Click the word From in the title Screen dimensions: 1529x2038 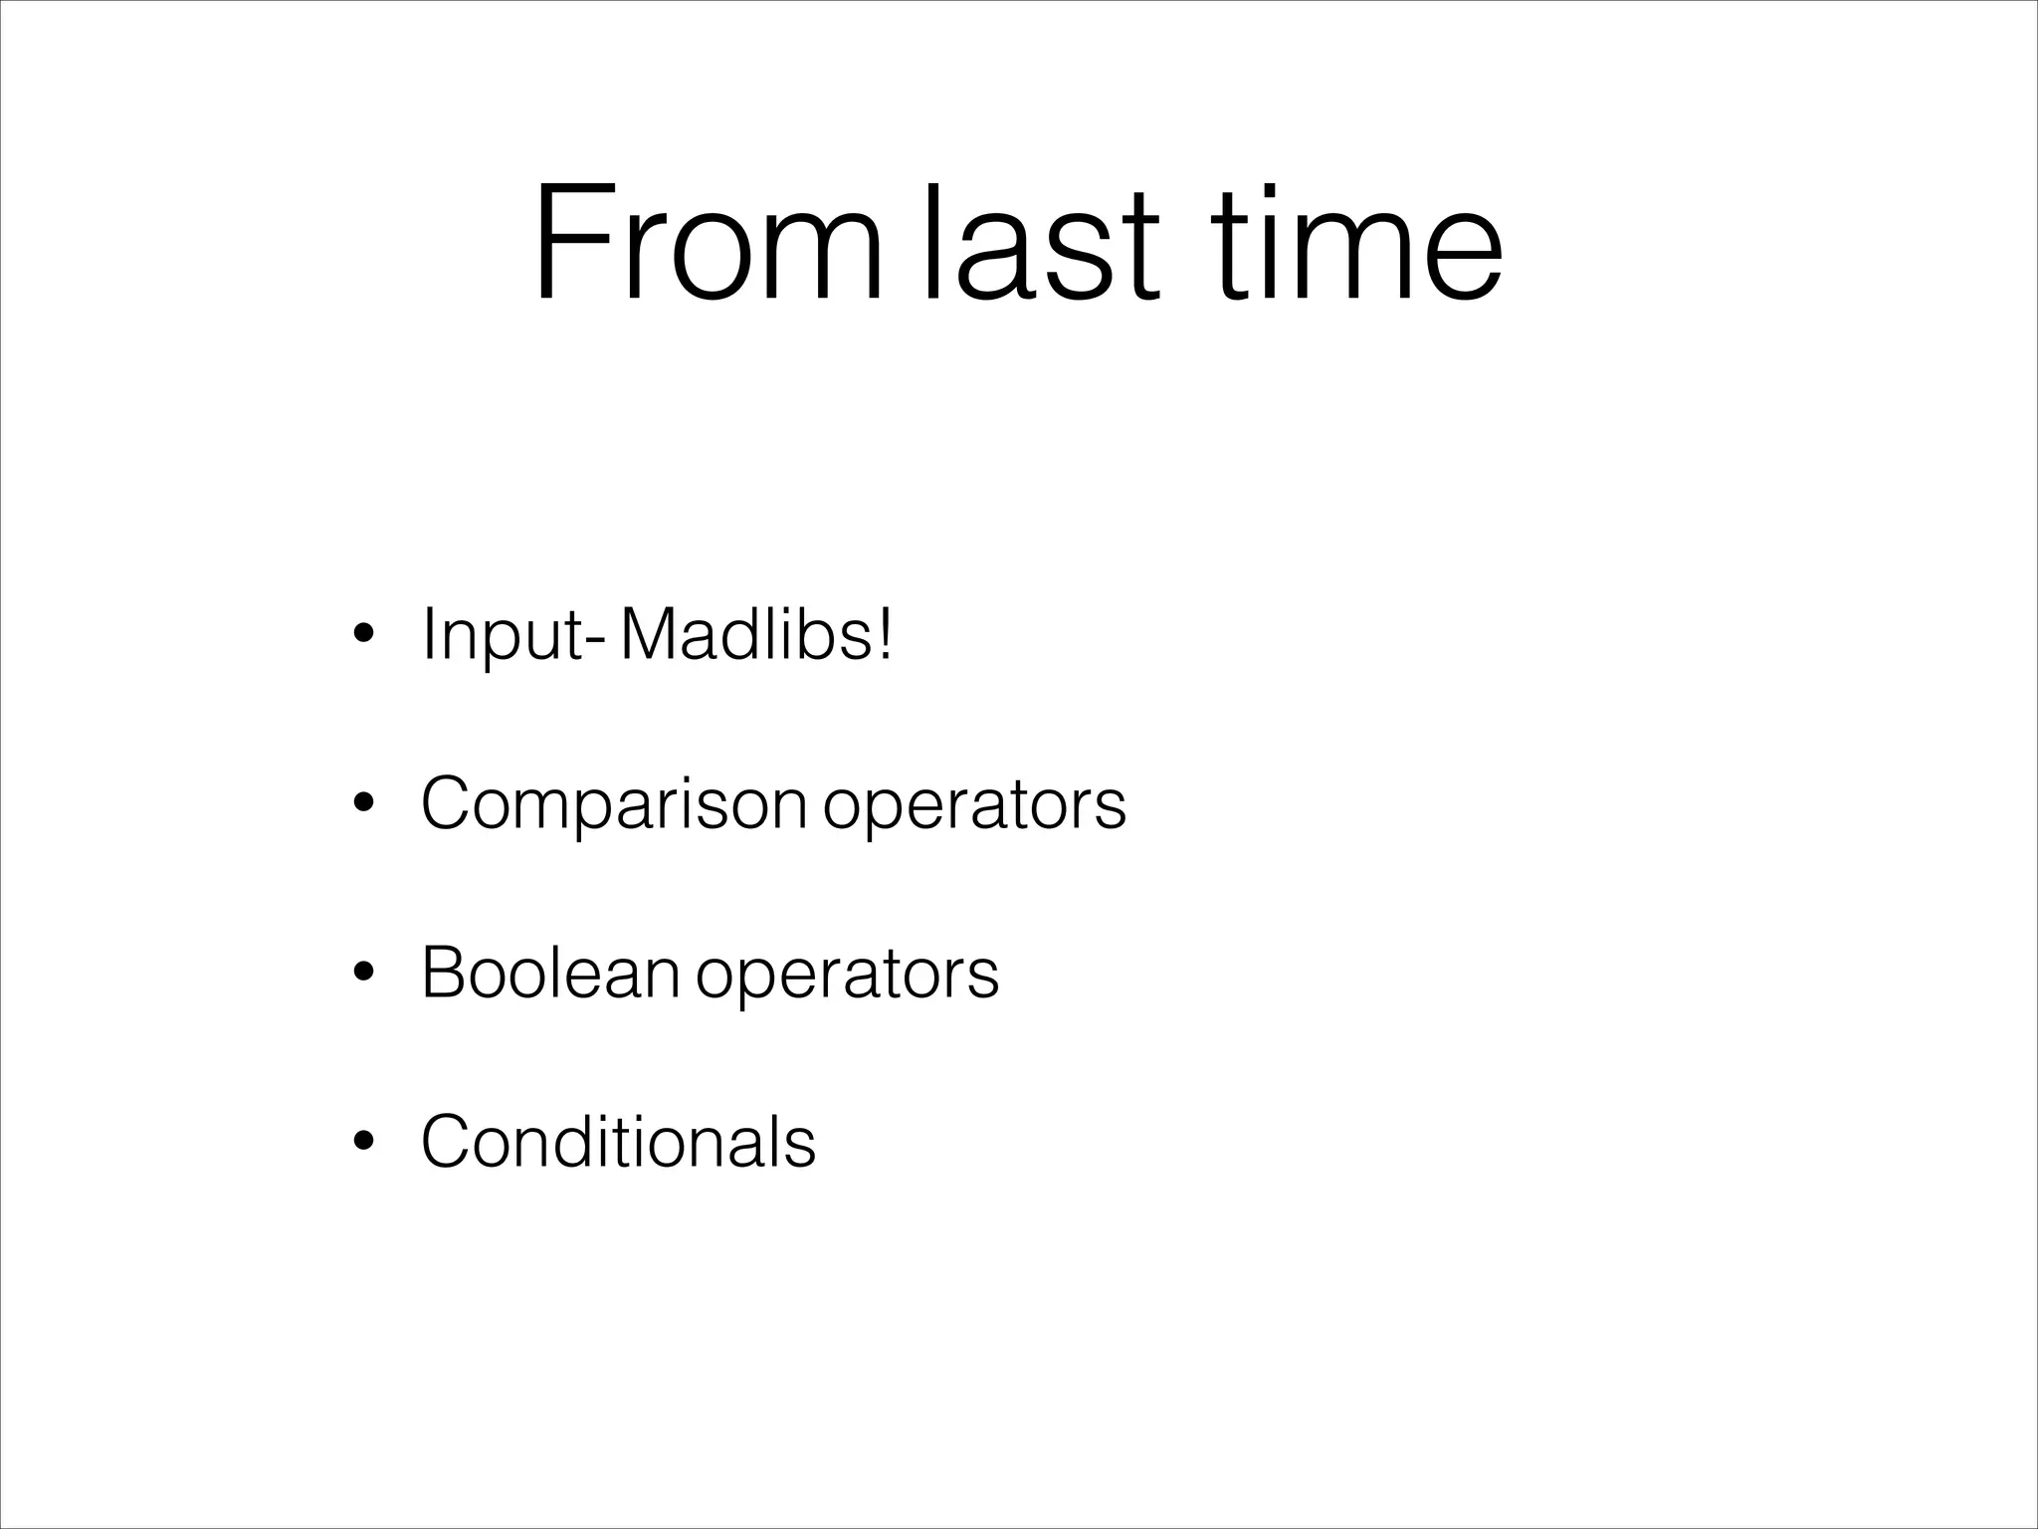tap(708, 242)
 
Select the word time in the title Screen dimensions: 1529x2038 tap(1360, 242)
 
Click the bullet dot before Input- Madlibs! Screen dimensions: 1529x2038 tap(364, 635)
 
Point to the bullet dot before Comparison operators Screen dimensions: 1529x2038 tap(364, 803)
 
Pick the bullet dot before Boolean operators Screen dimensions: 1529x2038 tap(364, 973)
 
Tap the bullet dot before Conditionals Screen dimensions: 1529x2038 tap(364, 1141)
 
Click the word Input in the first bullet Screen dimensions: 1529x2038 tap(502, 635)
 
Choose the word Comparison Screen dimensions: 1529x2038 tap(613, 803)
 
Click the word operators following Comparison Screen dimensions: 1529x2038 tap(974, 805)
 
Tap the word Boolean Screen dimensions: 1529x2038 tap(550, 972)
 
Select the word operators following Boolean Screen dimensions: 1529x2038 tap(847, 975)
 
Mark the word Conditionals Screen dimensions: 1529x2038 tap(618, 1141)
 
